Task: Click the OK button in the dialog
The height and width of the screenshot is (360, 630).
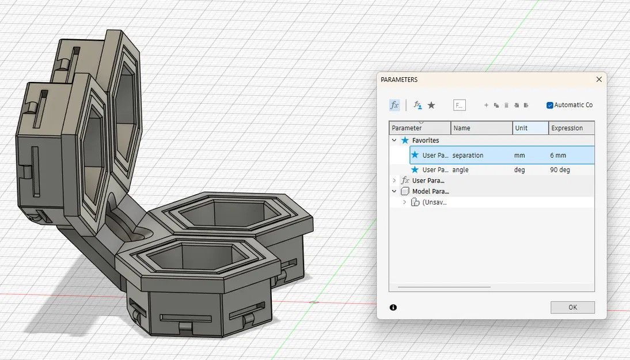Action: [x=572, y=307]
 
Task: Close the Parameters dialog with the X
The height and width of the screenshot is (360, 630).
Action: [x=599, y=79]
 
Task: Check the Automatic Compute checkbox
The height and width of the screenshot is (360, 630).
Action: [x=550, y=105]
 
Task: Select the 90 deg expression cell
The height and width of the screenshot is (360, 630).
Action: [x=560, y=170]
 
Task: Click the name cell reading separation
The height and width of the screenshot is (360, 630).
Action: [x=468, y=156]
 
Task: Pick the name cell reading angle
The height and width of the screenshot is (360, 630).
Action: [x=460, y=170]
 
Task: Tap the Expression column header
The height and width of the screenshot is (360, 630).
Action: [x=567, y=128]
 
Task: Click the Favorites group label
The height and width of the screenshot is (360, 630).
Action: [x=426, y=141]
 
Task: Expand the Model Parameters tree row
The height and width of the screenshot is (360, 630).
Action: [x=394, y=191]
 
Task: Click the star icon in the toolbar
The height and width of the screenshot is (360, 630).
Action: [x=431, y=105]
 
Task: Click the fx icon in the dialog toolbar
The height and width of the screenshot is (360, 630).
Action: [x=394, y=105]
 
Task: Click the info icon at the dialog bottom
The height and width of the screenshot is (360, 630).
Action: [x=393, y=308]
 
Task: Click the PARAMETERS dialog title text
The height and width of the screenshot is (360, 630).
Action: [x=399, y=79]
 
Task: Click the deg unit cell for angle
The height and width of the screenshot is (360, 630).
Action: [x=520, y=170]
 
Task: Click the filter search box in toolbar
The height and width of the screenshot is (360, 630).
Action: [x=459, y=105]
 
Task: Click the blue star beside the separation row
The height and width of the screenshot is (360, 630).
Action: [x=415, y=155]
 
